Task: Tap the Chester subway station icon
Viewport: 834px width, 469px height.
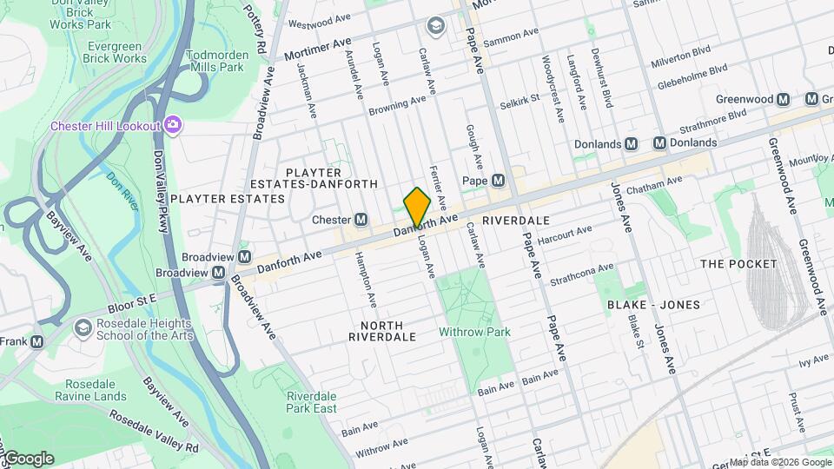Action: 360,220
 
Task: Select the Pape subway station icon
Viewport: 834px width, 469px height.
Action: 498,181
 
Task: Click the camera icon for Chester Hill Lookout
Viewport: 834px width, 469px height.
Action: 173,126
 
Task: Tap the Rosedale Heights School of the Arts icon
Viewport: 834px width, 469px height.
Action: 83,328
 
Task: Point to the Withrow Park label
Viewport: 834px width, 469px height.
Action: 474,332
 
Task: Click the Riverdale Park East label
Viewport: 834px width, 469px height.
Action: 312,402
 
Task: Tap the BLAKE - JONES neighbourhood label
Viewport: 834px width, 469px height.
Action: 653,305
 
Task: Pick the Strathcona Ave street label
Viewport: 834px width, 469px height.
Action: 582,274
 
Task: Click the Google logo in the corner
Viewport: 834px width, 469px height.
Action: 28,458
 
